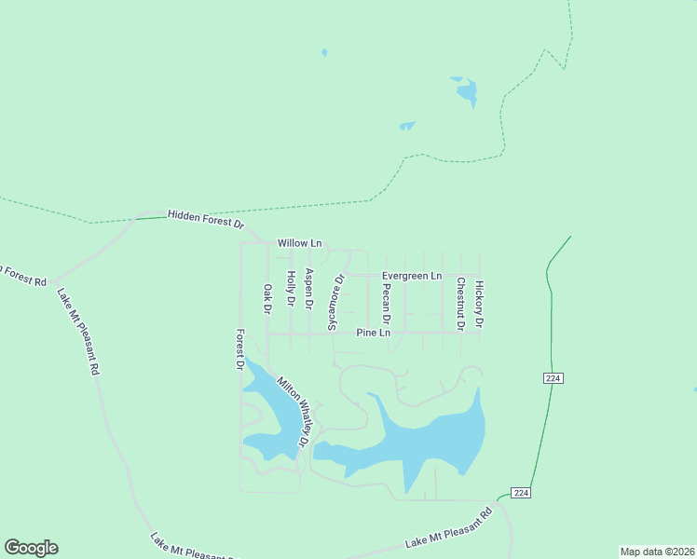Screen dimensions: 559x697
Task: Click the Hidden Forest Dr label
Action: pos(205,220)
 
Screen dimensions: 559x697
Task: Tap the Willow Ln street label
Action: pos(299,243)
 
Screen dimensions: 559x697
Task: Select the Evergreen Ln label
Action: pos(411,276)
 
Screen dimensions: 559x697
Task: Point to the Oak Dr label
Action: pos(267,298)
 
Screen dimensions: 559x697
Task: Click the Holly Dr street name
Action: pos(291,289)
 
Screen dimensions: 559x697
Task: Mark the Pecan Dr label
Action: pos(386,305)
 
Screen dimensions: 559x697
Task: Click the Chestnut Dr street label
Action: pos(460,304)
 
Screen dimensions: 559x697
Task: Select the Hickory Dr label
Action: pos(479,305)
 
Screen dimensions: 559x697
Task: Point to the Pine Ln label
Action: pos(374,333)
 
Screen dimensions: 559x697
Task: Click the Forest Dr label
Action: pos(240,350)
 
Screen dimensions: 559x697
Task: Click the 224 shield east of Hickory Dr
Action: pos(553,377)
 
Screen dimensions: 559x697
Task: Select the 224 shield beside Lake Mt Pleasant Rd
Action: pos(521,492)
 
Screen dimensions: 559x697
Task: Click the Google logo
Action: pos(31,548)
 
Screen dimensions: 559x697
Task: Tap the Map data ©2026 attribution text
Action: pos(657,552)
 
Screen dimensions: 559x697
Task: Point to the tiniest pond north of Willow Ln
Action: pos(324,52)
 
